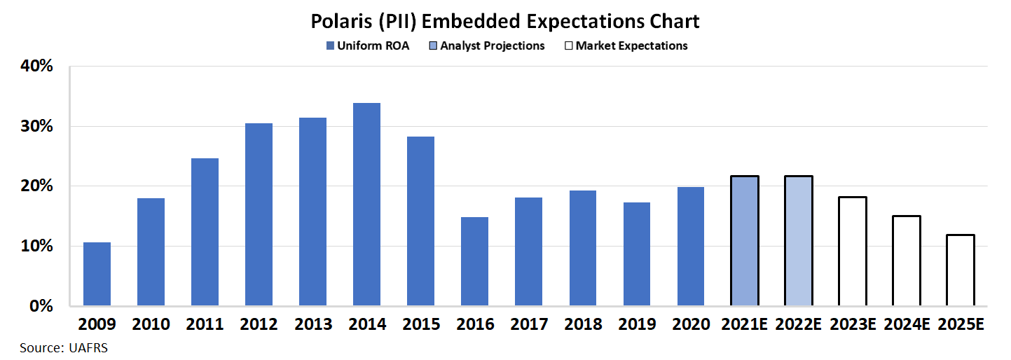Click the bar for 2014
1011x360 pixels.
[366, 205]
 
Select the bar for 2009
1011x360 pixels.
[97, 274]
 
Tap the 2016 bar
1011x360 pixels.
[474, 261]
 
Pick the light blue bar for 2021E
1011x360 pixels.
[744, 241]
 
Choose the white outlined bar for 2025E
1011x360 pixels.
[959, 270]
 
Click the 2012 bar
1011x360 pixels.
[259, 214]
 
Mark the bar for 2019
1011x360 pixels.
[636, 254]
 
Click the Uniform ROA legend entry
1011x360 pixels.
[370, 46]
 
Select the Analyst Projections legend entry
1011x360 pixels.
[489, 46]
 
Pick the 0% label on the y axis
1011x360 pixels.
[41, 306]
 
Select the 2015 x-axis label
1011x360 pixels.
[420, 324]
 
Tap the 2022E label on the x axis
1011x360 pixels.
[798, 324]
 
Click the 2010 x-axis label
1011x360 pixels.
[151, 324]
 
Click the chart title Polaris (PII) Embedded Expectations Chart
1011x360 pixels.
[505, 22]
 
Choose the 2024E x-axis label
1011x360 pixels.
[906, 324]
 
